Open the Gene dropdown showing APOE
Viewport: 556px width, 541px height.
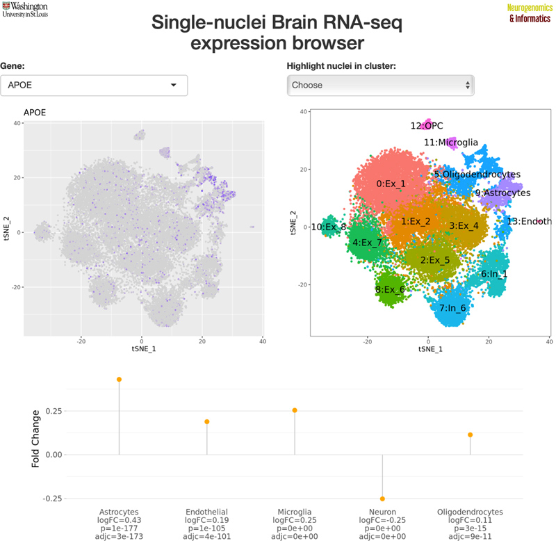tap(94, 86)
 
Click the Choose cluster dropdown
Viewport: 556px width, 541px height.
tap(381, 86)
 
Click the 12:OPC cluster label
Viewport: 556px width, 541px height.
tap(426, 126)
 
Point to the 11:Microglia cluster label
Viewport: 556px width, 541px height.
tap(450, 143)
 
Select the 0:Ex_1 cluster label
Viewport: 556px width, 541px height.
tap(391, 184)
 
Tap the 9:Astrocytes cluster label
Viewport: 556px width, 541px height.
tap(502, 193)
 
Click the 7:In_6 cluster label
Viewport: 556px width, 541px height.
tap(452, 307)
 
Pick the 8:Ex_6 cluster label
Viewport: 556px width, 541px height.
tap(390, 289)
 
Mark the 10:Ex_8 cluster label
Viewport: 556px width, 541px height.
tap(329, 227)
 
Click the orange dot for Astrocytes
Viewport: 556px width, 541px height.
tap(119, 379)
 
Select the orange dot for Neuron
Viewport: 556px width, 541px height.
tap(382, 499)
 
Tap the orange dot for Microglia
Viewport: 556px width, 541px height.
tap(295, 410)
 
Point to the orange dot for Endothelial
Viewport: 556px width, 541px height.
tap(206, 421)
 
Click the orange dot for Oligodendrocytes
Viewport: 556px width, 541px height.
tap(471, 435)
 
